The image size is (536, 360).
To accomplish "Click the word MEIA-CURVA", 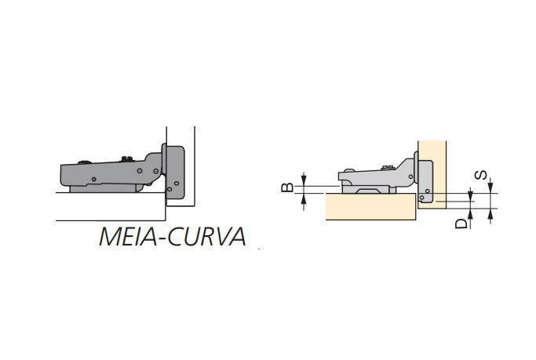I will click(x=172, y=236).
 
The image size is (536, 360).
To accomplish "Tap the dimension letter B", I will click(x=288, y=187).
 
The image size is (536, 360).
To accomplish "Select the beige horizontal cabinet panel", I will click(x=369, y=209).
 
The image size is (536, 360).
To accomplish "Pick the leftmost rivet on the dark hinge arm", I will click(x=93, y=180).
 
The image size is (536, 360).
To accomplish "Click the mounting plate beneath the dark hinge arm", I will click(x=102, y=187).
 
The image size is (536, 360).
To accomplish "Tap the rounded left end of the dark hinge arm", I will click(x=64, y=173).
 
